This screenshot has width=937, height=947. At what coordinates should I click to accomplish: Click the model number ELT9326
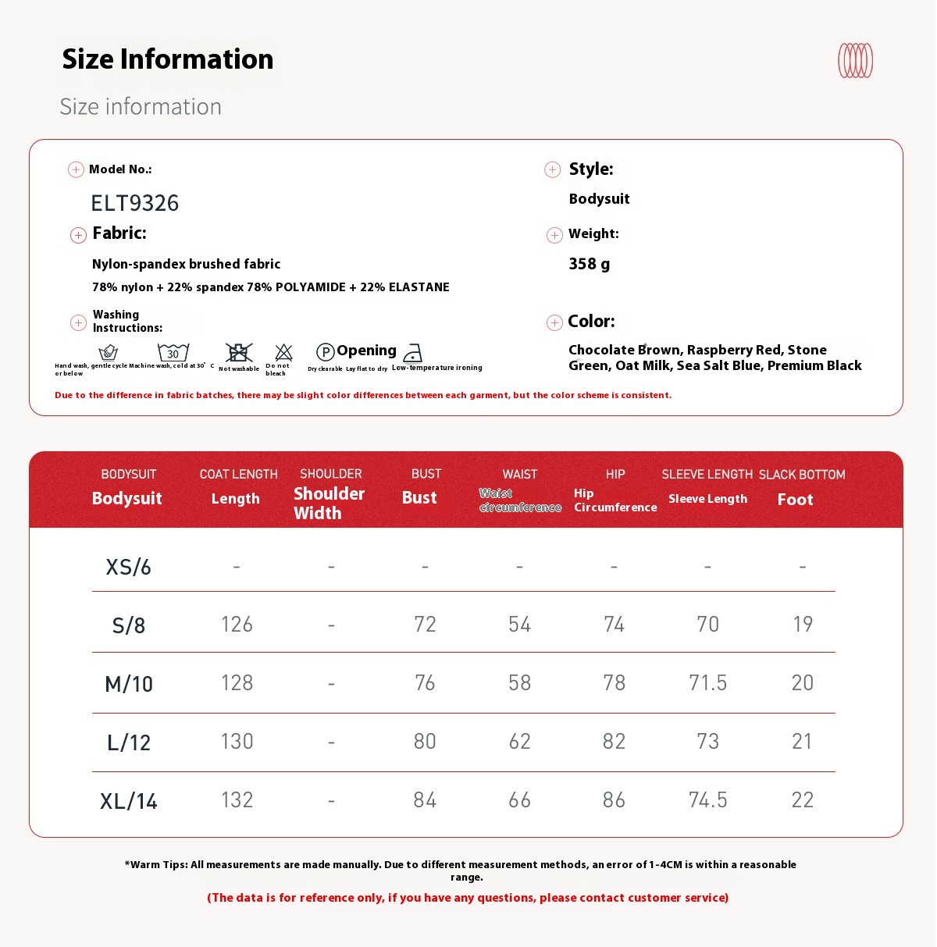pyautogui.click(x=135, y=203)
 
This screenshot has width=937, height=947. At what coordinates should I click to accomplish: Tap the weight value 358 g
pyautogui.click(x=590, y=264)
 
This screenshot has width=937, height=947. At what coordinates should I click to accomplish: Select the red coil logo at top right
pyautogui.click(x=855, y=61)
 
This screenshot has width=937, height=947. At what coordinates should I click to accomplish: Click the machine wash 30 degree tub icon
pyautogui.click(x=173, y=352)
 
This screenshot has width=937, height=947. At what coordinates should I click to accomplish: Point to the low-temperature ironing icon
pyautogui.click(x=413, y=353)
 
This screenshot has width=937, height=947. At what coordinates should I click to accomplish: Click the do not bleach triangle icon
pyautogui.click(x=283, y=352)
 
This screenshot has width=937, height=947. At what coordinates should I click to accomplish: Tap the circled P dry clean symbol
pyautogui.click(x=326, y=352)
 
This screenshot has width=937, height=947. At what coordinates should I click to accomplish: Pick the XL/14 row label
pyautogui.click(x=129, y=801)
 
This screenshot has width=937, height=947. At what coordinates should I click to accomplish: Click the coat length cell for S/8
pyautogui.click(x=237, y=624)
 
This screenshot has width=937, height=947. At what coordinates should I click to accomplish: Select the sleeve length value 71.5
pyautogui.click(x=707, y=682)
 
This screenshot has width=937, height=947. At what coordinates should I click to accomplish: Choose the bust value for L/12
pyautogui.click(x=425, y=741)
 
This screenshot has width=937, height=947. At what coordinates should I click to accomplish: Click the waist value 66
pyautogui.click(x=519, y=799)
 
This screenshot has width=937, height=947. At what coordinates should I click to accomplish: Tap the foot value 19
pyautogui.click(x=803, y=624)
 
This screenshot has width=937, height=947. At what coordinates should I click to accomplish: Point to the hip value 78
pyautogui.click(x=614, y=682)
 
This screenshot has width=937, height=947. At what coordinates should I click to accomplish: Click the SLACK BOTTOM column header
pyautogui.click(x=802, y=475)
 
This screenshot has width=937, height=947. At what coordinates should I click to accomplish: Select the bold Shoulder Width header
pyautogui.click(x=329, y=503)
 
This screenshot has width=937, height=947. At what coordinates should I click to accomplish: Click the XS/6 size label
pyautogui.click(x=129, y=567)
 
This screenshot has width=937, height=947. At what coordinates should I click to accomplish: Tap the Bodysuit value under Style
pyautogui.click(x=599, y=199)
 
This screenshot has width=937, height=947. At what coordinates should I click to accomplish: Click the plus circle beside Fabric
pyautogui.click(x=78, y=235)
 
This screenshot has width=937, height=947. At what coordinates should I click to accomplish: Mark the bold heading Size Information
pyautogui.click(x=168, y=59)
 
